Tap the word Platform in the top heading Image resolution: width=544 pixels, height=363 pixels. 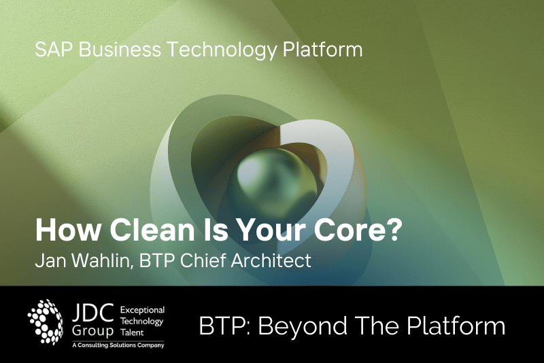(x=323, y=49)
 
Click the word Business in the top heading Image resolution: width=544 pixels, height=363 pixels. (x=120, y=49)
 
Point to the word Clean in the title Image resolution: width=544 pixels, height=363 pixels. (x=152, y=230)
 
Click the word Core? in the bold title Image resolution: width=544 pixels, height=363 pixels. (x=358, y=230)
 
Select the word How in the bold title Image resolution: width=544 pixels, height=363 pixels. (x=67, y=230)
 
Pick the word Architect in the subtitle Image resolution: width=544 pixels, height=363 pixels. (x=271, y=261)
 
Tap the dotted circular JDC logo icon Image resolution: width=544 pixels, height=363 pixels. (x=46, y=322)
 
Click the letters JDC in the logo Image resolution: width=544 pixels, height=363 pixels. (x=93, y=313)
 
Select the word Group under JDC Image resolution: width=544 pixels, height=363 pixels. (x=92, y=330)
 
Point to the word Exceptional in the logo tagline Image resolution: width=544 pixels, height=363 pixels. (x=142, y=310)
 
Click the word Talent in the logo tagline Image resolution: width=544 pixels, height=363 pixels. (x=132, y=332)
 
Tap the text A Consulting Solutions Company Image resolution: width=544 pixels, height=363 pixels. (x=118, y=345)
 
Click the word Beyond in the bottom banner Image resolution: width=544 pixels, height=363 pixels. (x=303, y=326)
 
